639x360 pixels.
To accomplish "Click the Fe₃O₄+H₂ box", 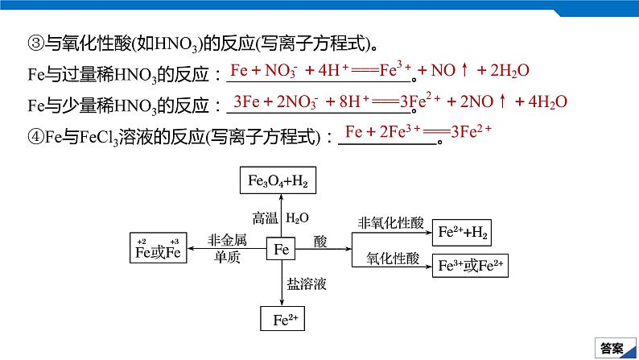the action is coord(278,180).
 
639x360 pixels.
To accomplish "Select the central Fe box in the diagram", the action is coord(281,249).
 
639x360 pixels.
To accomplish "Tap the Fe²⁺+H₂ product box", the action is coord(462,233).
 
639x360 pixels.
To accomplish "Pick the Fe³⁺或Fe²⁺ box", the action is coord(470,266).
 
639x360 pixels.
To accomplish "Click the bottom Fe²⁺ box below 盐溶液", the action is coord(282,318).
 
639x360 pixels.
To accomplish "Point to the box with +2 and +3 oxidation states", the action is coord(158,248).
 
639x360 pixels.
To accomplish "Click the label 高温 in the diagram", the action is coord(265,218).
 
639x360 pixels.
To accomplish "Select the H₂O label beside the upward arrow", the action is coord(297,218).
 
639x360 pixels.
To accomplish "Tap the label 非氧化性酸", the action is coord(391,223).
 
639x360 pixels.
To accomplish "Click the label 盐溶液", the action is coord(307,283).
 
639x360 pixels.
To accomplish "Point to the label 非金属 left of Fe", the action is coord(227,240).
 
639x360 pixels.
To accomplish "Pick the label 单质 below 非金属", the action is coord(227,257).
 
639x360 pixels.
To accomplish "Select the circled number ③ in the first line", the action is coord(36,43).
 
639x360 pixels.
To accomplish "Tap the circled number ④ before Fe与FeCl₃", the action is coord(36,136).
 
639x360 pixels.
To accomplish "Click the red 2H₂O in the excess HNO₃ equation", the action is coord(509,71).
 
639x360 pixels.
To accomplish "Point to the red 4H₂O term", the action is coord(548,102).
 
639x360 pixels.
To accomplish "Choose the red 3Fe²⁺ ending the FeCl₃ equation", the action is coord(471,131).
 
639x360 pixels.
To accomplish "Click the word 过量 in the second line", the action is coord(79,74).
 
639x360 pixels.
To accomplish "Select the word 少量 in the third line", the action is coord(79,106).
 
